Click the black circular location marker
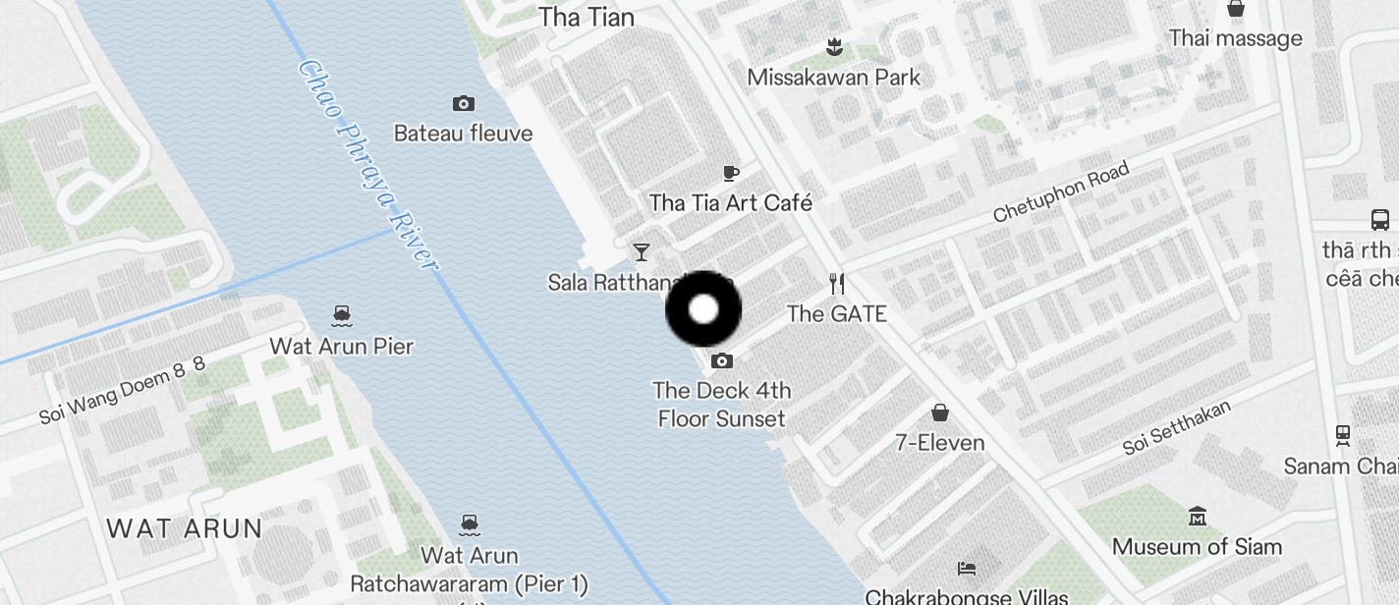point(703,309)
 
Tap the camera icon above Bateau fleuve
point(464,103)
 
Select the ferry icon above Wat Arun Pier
point(342,315)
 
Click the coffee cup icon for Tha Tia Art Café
point(731,173)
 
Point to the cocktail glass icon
point(642,252)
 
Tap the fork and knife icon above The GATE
point(837,284)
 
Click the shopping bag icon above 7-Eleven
point(940,412)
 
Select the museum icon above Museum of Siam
point(1197,516)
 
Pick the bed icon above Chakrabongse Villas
point(967,568)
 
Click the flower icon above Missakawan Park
point(834,46)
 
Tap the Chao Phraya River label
point(366,165)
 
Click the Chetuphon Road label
point(1061,192)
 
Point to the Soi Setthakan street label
point(1177,427)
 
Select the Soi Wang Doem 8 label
point(122,390)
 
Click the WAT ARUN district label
point(184,528)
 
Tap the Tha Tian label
point(587,17)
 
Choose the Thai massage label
point(1235,38)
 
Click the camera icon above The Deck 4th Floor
point(722,361)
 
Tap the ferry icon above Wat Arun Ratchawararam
point(470,524)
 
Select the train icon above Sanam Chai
point(1342,434)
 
